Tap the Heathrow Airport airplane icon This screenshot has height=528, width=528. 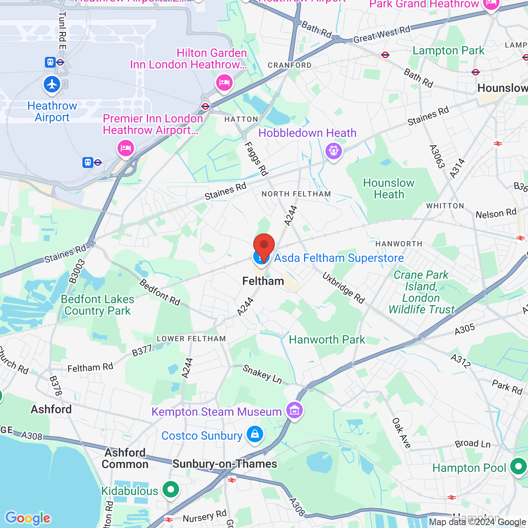52,85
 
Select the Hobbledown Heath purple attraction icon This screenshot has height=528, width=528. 334,151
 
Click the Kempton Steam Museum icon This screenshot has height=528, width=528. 295,410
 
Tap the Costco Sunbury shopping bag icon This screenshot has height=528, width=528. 255,434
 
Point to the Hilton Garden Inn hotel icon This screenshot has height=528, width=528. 224,83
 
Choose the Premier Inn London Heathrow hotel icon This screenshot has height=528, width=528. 126,148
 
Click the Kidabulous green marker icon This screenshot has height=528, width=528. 170,490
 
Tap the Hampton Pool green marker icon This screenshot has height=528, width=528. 518,467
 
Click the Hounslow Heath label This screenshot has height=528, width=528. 389,189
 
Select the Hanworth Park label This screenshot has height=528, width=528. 327,339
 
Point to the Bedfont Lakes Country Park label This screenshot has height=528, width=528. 98,305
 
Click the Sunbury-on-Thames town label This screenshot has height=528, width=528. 225,464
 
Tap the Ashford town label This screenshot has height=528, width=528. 51,409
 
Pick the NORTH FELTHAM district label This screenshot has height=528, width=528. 296,194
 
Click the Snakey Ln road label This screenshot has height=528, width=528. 262,374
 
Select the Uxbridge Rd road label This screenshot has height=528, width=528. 344,288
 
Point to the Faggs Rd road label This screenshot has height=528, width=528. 256,159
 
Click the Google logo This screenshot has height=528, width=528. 28,518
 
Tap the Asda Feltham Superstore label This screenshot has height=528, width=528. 339,258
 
